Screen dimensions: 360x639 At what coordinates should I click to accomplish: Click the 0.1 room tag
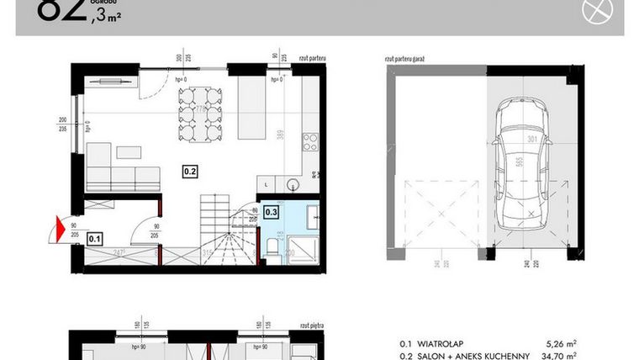[94, 238]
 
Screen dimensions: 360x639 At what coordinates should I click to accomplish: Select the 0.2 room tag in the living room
[190, 172]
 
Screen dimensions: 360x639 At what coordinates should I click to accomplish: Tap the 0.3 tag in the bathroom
[272, 212]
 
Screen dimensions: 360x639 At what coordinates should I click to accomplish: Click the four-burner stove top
[309, 140]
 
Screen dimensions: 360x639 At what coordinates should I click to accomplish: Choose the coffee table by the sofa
[129, 152]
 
